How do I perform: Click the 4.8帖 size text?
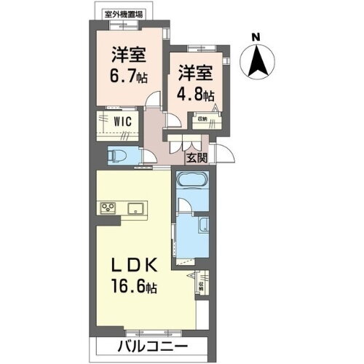click(x=195, y=93)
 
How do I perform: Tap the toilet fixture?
click(x=116, y=155)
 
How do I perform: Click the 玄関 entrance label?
click(x=197, y=157)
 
